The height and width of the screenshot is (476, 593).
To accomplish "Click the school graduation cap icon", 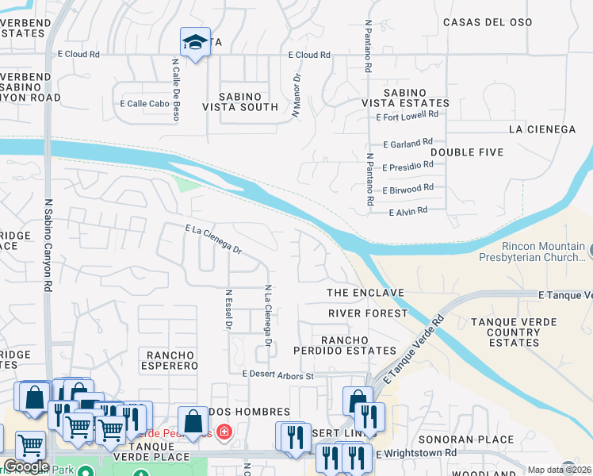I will [x=194, y=43].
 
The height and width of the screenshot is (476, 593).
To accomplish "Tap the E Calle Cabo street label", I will [x=145, y=103].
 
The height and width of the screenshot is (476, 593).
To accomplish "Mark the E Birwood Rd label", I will [x=407, y=189].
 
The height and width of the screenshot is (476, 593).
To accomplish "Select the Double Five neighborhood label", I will [x=467, y=152].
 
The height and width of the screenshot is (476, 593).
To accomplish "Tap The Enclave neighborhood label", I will [x=365, y=293].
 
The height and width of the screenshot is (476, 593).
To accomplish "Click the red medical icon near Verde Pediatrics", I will [x=225, y=432].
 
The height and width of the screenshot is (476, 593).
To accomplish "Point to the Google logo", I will [x=26, y=466].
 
